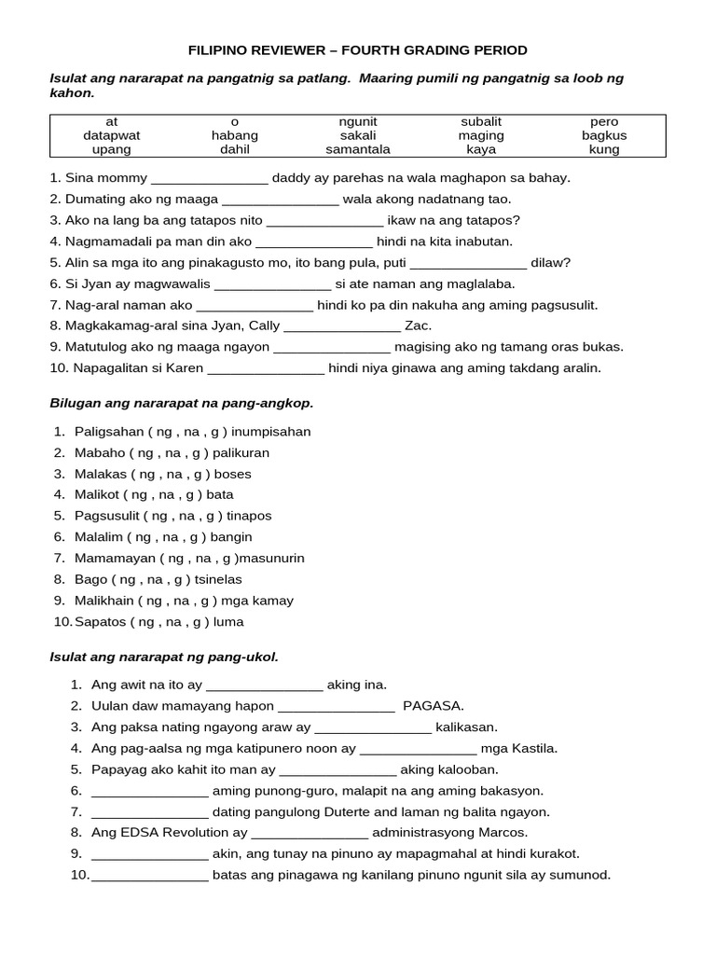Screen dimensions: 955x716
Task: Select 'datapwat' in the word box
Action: click(112, 135)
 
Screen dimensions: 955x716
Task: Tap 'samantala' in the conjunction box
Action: click(358, 149)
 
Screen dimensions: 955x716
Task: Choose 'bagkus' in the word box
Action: click(604, 135)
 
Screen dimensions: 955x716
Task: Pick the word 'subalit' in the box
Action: click(481, 121)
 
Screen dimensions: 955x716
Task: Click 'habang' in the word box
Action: click(235, 135)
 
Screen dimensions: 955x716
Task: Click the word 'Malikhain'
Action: click(104, 601)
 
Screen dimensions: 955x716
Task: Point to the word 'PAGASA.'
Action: click(434, 706)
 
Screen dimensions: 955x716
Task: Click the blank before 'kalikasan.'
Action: click(373, 727)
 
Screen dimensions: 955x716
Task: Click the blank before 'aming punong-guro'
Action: click(149, 791)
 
